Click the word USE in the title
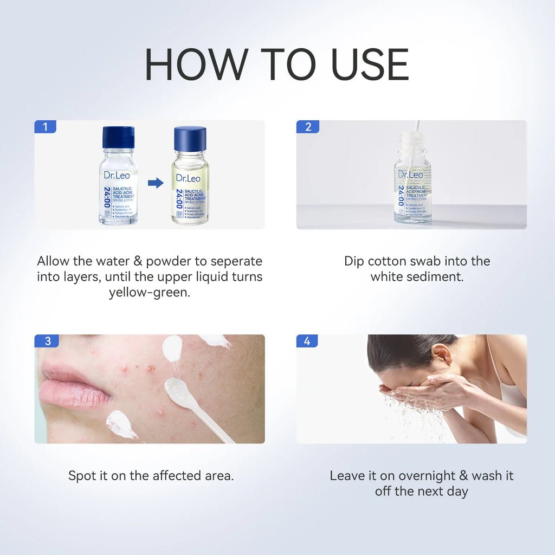pyautogui.click(x=370, y=65)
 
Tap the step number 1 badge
pyautogui.click(x=45, y=127)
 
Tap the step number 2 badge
pyautogui.click(x=307, y=127)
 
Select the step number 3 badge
pyautogui.click(x=47, y=341)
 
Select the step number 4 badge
pyautogui.click(x=307, y=341)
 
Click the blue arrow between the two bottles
pyautogui.click(x=156, y=183)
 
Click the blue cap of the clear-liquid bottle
pyautogui.click(x=118, y=137)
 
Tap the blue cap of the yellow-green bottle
pyautogui.click(x=190, y=139)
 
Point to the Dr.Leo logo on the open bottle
pyautogui.click(x=410, y=175)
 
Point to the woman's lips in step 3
pyautogui.click(x=73, y=385)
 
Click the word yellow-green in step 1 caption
pyautogui.click(x=149, y=293)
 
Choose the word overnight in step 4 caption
pyautogui.click(x=427, y=476)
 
